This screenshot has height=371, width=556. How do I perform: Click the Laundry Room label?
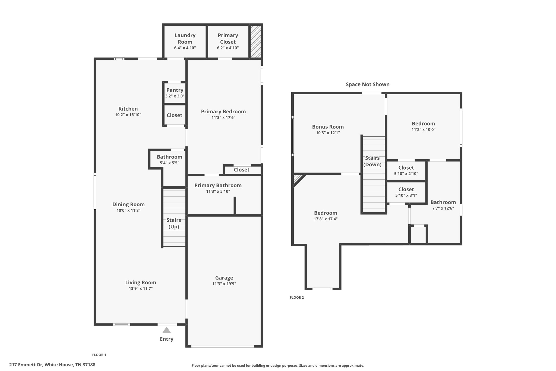(x=185, y=39)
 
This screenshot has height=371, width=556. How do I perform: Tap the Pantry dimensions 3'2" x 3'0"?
(x=175, y=96)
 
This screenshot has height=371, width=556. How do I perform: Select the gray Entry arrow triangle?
(x=166, y=330)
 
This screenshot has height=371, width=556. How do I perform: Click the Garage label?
(x=224, y=278)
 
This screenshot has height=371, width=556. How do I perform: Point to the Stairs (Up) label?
(x=174, y=223)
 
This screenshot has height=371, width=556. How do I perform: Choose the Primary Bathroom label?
(x=218, y=185)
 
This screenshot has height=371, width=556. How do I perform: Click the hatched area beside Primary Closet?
(x=255, y=42)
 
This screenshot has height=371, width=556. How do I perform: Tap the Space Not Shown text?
(x=367, y=85)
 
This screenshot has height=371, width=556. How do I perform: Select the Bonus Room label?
(x=328, y=127)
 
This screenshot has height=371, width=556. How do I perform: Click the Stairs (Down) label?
(x=372, y=161)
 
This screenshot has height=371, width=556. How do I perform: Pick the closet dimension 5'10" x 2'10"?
(x=406, y=174)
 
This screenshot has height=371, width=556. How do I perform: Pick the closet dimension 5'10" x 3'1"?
(x=406, y=195)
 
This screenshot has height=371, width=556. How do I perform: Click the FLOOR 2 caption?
(x=296, y=298)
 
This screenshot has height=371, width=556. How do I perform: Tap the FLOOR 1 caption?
(x=99, y=355)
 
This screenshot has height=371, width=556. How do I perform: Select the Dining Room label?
(x=128, y=204)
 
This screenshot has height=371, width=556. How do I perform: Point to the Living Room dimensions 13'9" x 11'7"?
(x=141, y=289)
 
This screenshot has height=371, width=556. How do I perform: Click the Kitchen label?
(x=128, y=109)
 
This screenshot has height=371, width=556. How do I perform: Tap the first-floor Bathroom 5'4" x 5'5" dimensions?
(x=169, y=163)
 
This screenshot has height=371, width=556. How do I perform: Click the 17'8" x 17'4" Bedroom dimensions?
(x=326, y=219)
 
